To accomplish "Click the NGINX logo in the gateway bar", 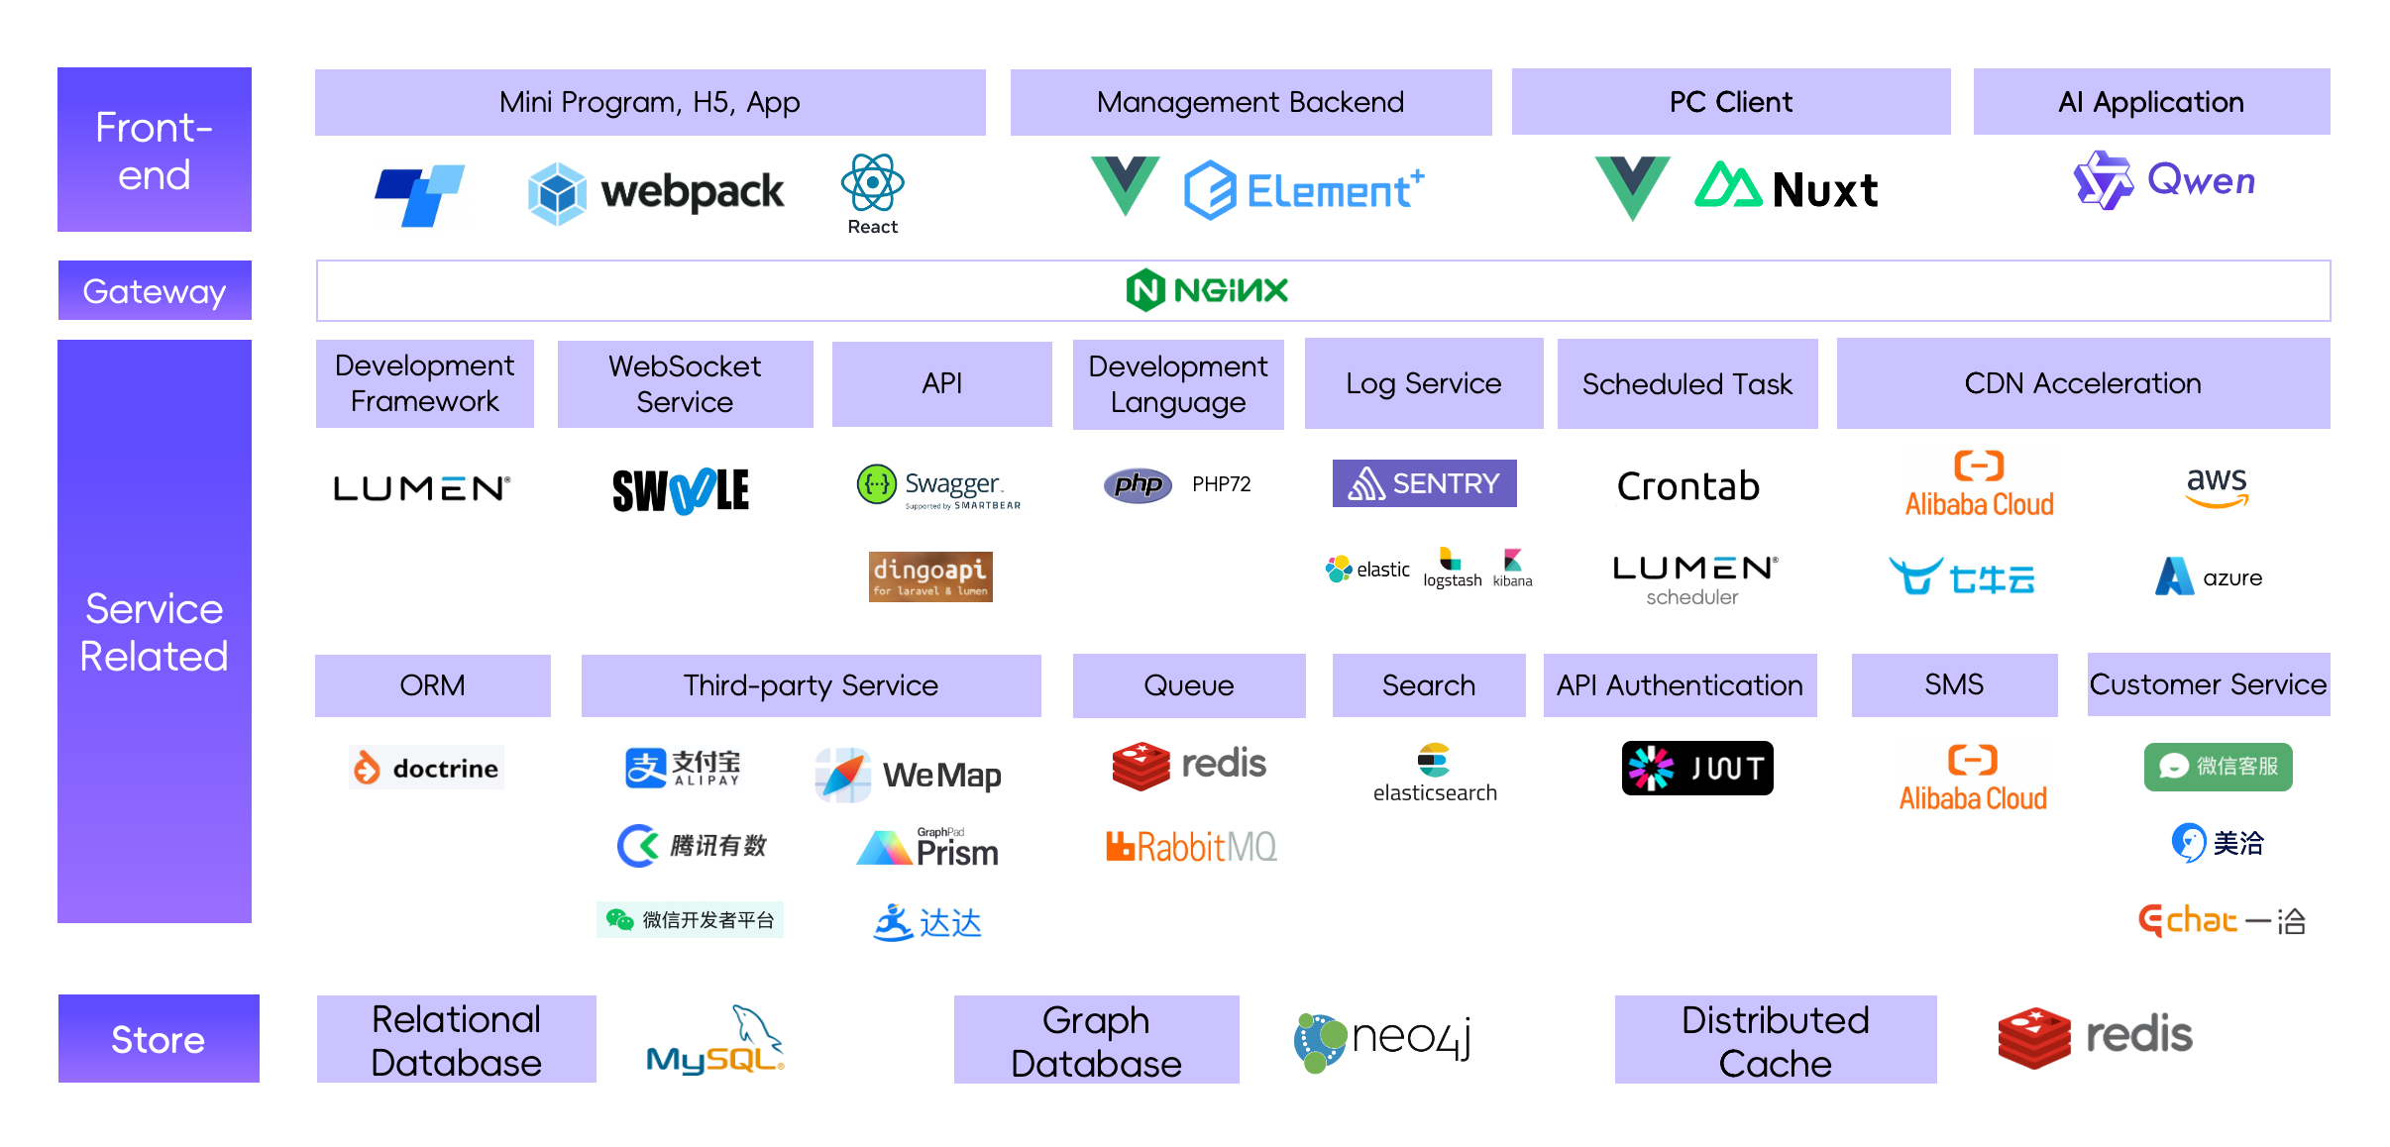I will click(x=1207, y=290).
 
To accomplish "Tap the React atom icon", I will click(x=872, y=183).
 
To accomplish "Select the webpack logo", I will click(x=656, y=192).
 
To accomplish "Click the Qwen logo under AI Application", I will click(x=2164, y=181).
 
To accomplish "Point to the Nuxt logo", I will click(x=1786, y=188).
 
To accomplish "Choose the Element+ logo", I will click(x=1303, y=189).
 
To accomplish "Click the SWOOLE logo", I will click(x=681, y=490).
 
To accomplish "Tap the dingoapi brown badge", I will click(x=930, y=576).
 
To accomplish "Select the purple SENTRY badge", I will click(x=1424, y=483).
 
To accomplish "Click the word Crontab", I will click(x=1687, y=486).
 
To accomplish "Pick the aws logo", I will click(x=2217, y=486).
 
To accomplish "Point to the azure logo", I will click(x=2209, y=577).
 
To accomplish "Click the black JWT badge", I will click(x=1696, y=768).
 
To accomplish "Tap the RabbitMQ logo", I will click(x=1191, y=847).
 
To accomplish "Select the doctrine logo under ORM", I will click(x=427, y=768).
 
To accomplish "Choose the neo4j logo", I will click(x=1382, y=1040).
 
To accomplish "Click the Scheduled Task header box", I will click(x=1686, y=384).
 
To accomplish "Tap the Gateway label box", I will click(x=155, y=291).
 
